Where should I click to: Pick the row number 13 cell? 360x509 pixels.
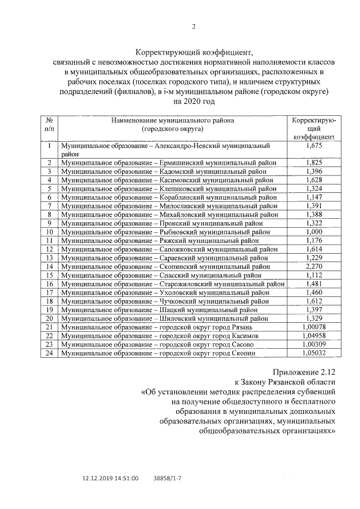coord(49,258)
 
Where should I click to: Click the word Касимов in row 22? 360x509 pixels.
coord(241,335)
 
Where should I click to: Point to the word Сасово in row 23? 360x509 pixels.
coord(238,344)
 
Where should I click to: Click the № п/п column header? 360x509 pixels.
coord(49,124)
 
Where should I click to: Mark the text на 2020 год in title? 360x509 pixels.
coord(193,101)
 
